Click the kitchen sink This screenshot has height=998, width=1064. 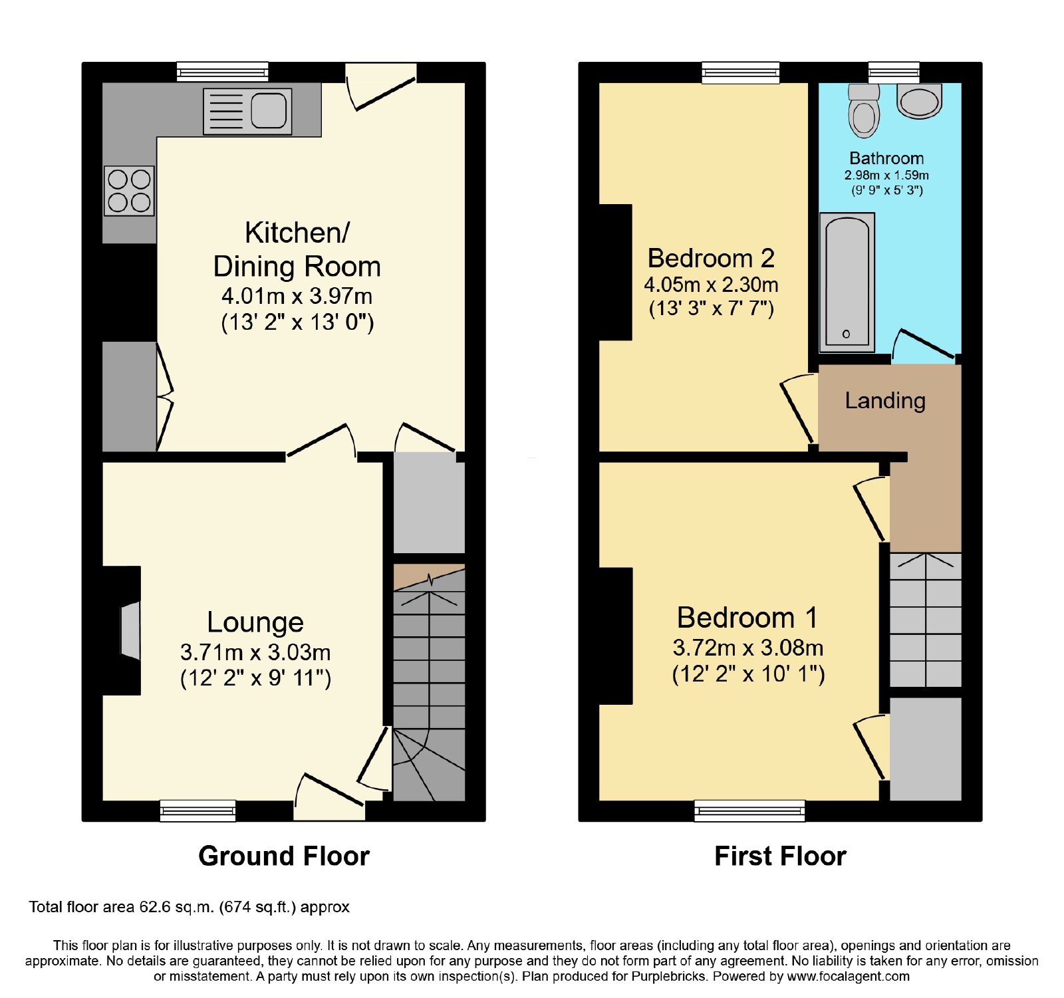click(247, 111)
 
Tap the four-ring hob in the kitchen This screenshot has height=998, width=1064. click(129, 191)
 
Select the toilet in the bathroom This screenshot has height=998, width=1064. click(864, 110)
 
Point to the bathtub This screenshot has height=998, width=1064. click(847, 283)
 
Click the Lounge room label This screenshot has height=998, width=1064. click(255, 622)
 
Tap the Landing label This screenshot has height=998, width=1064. click(885, 401)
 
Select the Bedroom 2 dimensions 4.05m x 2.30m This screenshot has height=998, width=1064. click(711, 285)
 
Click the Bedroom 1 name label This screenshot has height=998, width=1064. click(747, 618)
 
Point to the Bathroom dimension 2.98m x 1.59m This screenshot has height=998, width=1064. click(886, 176)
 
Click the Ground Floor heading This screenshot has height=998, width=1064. click(284, 856)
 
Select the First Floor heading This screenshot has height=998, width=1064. click(780, 856)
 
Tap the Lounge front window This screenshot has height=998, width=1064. click(198, 811)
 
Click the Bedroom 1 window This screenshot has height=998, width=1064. click(750, 811)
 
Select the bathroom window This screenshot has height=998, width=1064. click(894, 72)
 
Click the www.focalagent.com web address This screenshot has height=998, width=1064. click(849, 977)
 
